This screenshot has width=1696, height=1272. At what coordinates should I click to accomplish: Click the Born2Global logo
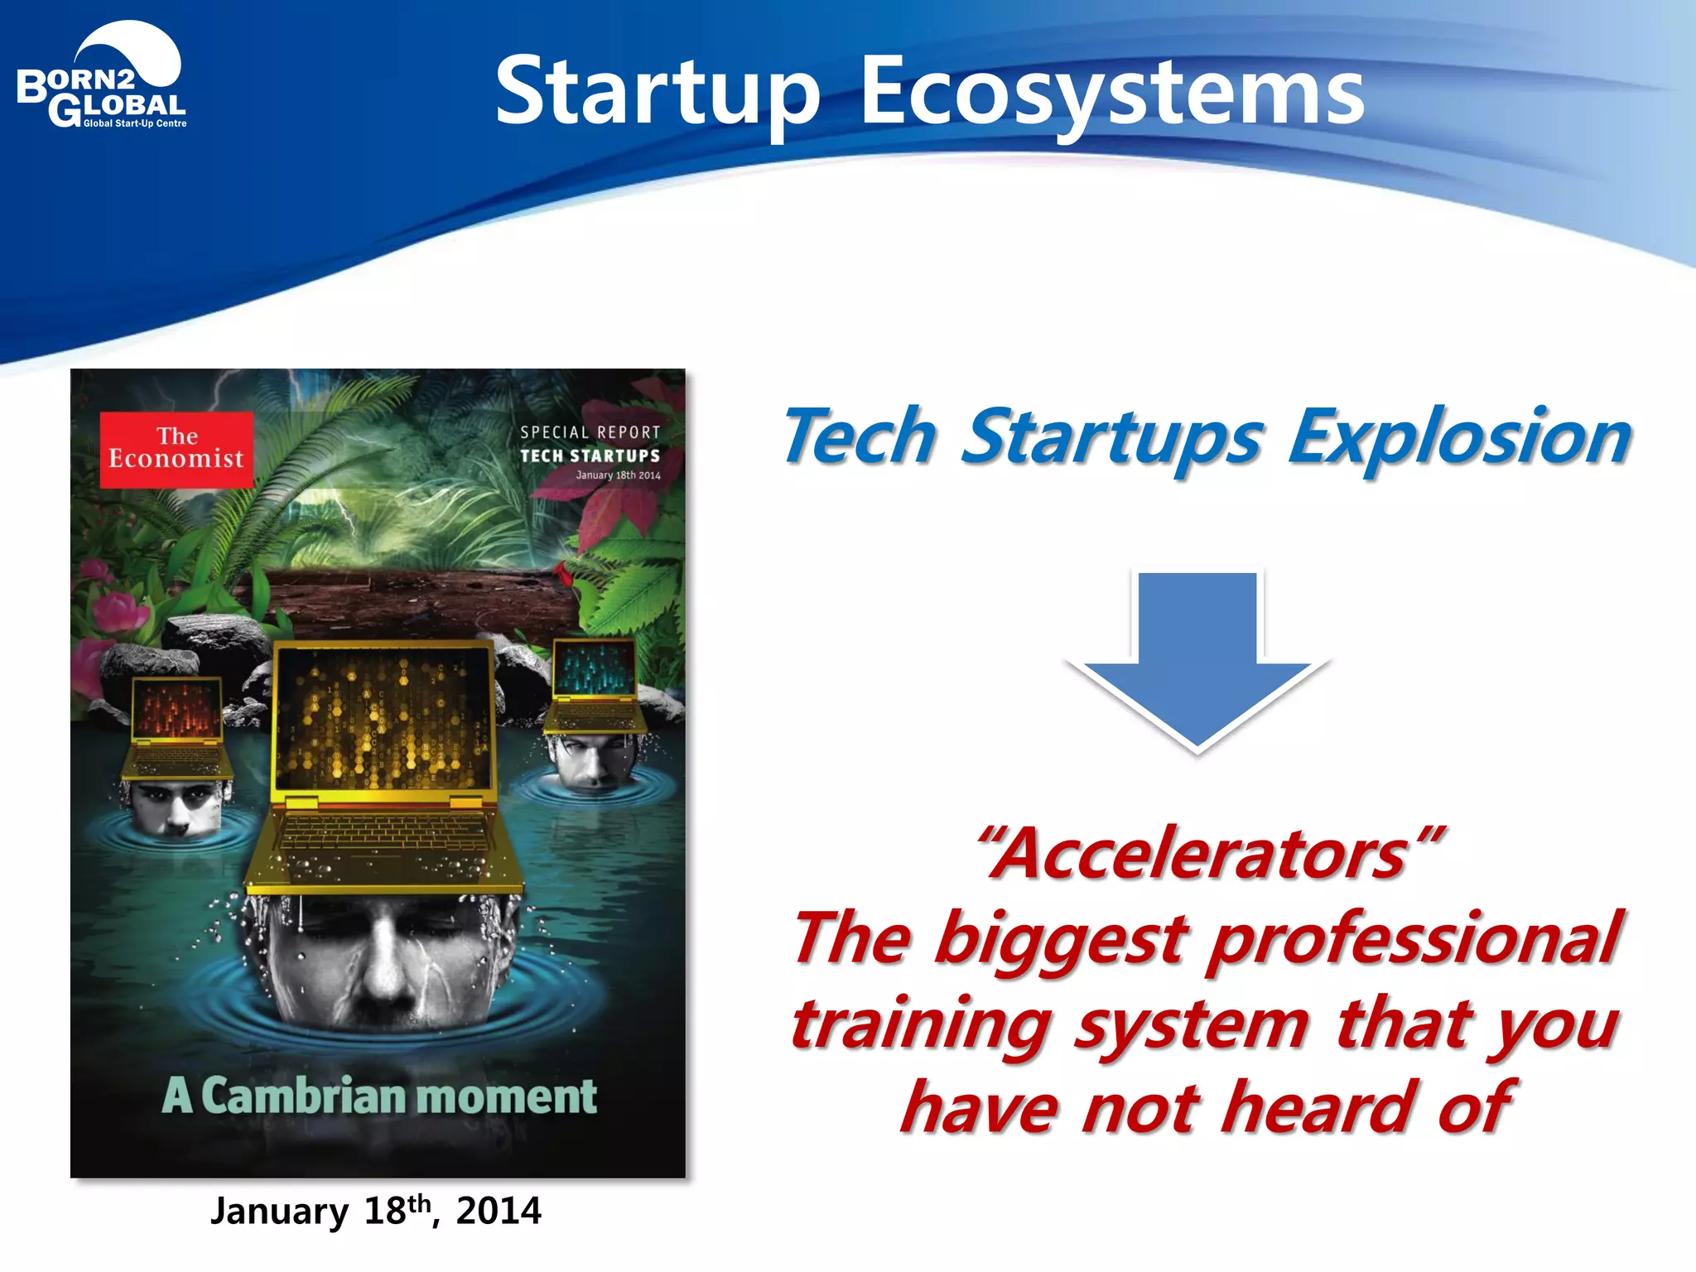[x=101, y=79]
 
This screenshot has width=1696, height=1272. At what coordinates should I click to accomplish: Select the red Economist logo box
[x=176, y=449]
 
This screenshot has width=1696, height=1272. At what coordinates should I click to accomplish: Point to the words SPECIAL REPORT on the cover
[x=590, y=432]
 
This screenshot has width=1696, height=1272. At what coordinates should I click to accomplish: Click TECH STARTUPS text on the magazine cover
[x=590, y=455]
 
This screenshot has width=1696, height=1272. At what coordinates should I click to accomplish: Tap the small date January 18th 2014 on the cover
[x=618, y=475]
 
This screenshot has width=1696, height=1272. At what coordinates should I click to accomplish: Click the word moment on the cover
[x=511, y=1096]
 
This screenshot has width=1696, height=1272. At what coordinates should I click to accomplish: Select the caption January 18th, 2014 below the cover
[x=376, y=1211]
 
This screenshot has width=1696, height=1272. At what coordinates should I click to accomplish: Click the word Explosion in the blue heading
[x=1459, y=436]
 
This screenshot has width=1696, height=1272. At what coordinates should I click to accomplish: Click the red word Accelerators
[x=1209, y=855]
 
